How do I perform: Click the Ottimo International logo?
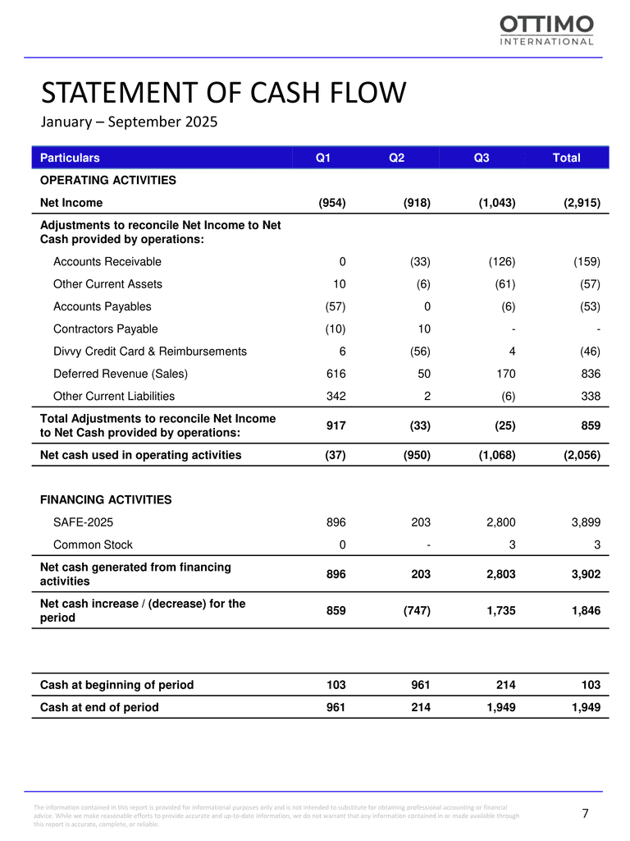[x=547, y=31]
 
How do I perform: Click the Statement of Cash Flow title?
[x=223, y=93]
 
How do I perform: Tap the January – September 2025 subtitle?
[x=130, y=123]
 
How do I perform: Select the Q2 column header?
[x=396, y=158]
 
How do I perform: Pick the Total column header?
[x=567, y=158]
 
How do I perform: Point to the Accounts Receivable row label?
[x=107, y=262]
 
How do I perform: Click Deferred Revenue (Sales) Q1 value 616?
[x=335, y=374]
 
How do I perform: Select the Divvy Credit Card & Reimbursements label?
[x=150, y=352]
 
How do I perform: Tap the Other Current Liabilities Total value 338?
[x=589, y=396]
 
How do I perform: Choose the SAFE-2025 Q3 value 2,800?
[x=498, y=522]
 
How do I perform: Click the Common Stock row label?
[x=93, y=544]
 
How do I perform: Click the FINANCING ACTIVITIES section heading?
[x=106, y=499]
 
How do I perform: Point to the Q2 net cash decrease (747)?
[x=414, y=610]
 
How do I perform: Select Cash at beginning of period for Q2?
[x=420, y=684]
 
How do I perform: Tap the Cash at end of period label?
[x=99, y=707]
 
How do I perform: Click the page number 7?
[x=586, y=814]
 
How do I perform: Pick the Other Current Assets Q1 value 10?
[x=340, y=284]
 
